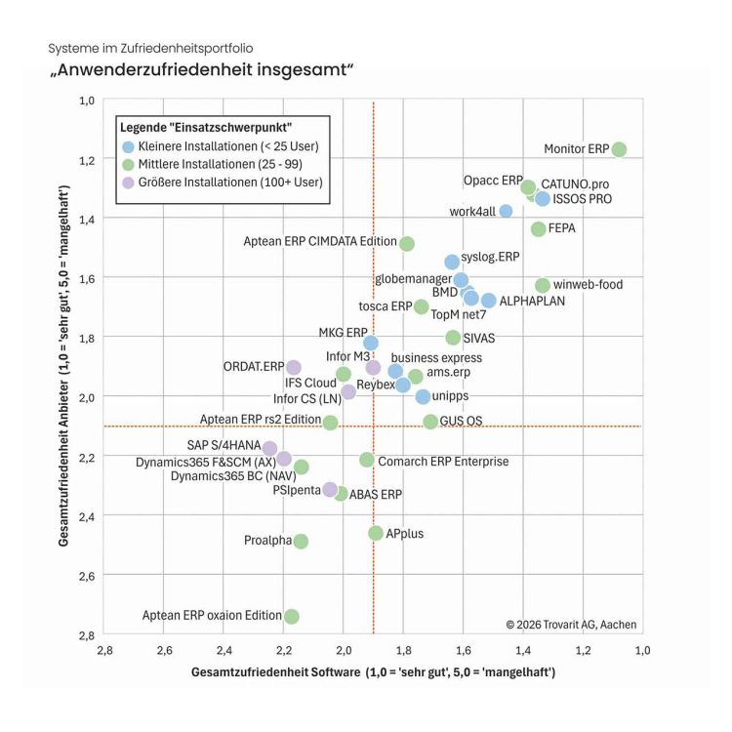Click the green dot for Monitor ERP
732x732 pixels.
[x=619, y=149]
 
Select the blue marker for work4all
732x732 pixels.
[x=506, y=211]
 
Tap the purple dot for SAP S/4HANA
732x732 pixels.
[x=269, y=449]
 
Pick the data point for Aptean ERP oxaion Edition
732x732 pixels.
[x=291, y=616]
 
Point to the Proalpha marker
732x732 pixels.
[x=301, y=542]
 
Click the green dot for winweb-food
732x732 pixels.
[x=543, y=285]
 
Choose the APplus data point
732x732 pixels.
[x=376, y=533]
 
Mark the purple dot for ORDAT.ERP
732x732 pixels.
[x=293, y=367]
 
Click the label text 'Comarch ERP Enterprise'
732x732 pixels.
[x=443, y=462]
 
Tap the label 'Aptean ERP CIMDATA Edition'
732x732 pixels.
[x=320, y=241]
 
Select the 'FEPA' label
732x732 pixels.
[x=561, y=228]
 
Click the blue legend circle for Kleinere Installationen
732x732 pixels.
[x=128, y=147]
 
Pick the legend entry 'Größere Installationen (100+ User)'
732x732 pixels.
[x=230, y=183]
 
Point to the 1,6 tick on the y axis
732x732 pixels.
[x=86, y=279]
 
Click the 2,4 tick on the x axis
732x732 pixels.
[x=224, y=650]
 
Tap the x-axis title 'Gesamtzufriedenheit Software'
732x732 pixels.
[x=276, y=672]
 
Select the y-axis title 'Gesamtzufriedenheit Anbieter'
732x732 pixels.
[x=63, y=464]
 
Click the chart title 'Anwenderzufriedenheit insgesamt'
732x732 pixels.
[x=201, y=70]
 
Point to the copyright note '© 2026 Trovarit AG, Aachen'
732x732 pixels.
[x=571, y=625]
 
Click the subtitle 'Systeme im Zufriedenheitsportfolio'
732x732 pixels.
[x=150, y=49]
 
